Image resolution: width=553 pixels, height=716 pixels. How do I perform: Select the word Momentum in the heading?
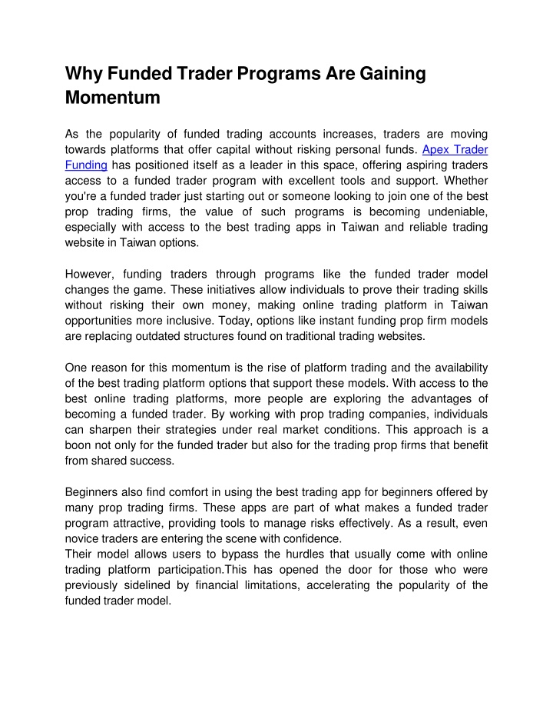tap(112, 98)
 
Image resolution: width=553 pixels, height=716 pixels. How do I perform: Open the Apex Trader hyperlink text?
tap(455, 150)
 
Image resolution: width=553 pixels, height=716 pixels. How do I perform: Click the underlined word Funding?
tap(85, 165)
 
